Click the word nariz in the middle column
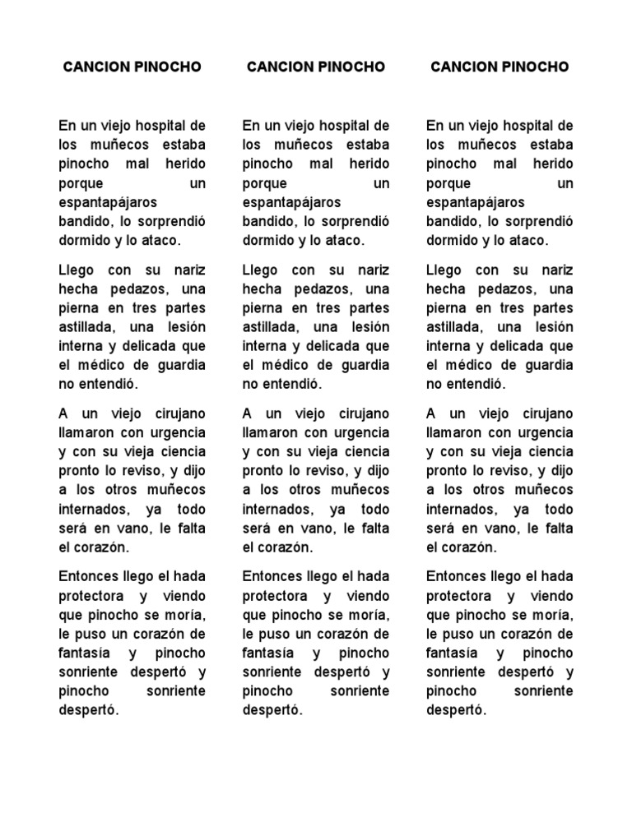pos(369,270)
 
